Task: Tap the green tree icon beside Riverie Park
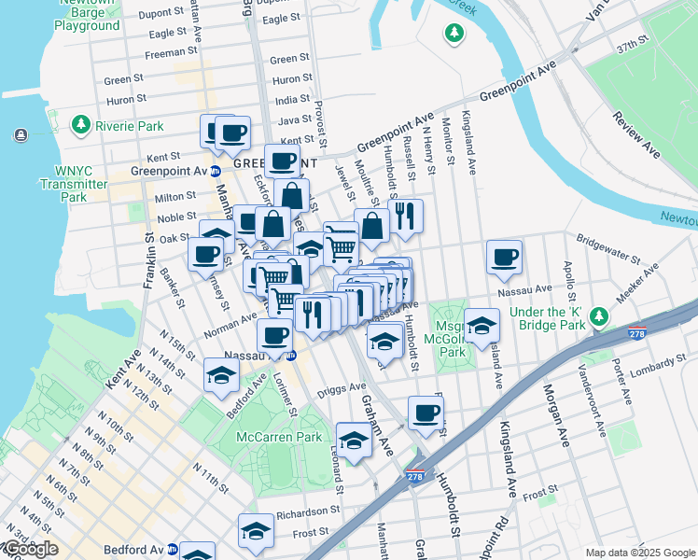81,124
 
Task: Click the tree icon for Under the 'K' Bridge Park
603,318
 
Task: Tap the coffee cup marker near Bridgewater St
504,258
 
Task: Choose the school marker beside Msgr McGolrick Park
482,326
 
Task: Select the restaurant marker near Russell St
406,217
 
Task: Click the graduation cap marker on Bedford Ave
221,376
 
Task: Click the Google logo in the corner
30,550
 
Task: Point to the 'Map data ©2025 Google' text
640,553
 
